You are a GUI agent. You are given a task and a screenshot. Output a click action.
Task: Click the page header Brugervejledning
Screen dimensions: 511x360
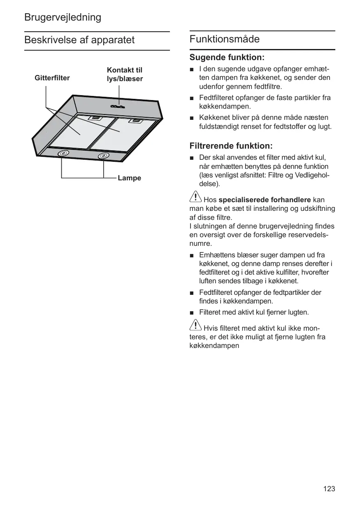(63, 17)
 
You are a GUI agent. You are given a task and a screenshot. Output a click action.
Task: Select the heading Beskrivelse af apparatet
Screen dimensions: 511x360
(79, 40)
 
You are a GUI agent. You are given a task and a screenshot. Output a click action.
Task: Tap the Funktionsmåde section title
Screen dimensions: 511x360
(225, 40)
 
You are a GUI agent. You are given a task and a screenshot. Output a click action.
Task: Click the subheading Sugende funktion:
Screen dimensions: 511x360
(227, 57)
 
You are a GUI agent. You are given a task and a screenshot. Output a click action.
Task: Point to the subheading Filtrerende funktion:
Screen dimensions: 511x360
(231, 146)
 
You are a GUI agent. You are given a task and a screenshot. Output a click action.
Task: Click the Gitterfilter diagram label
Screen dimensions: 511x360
(52, 78)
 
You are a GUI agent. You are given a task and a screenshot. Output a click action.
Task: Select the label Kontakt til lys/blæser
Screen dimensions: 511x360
(125, 75)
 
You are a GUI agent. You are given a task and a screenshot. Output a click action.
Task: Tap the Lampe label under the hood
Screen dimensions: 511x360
(129, 178)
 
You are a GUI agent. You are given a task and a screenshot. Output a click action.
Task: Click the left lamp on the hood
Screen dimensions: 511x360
(63, 154)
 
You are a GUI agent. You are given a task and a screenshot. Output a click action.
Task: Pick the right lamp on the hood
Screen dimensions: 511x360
(103, 156)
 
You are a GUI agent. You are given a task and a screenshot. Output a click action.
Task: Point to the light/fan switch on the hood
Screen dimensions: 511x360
(118, 107)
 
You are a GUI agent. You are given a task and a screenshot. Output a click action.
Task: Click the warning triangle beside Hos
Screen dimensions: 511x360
(196, 197)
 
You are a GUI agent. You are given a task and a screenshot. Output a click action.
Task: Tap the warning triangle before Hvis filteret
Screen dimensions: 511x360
(196, 325)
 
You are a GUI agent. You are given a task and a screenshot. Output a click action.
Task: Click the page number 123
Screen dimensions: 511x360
(329, 489)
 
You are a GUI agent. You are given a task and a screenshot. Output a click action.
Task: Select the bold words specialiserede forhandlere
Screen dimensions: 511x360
(265, 200)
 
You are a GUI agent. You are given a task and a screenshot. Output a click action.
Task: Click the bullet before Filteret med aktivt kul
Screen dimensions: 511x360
(192, 313)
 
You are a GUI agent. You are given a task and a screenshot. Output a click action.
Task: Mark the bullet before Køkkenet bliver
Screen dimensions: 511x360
(192, 118)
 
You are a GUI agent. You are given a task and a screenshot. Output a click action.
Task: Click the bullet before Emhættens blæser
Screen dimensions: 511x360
(192, 256)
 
